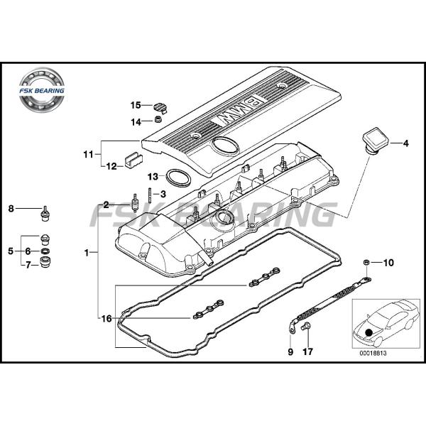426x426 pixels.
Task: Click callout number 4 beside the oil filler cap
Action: (405, 144)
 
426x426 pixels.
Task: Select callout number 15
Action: (135, 106)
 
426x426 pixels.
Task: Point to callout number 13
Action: (152, 176)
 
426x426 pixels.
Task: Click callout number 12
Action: (111, 168)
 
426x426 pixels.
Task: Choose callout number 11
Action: (88, 153)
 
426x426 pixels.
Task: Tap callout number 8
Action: (11, 208)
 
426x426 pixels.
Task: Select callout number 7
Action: (28, 266)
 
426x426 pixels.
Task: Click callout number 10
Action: (388, 263)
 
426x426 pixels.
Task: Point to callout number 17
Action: (307, 351)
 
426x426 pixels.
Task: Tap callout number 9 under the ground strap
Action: (290, 351)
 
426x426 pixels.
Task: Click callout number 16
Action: (105, 319)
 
